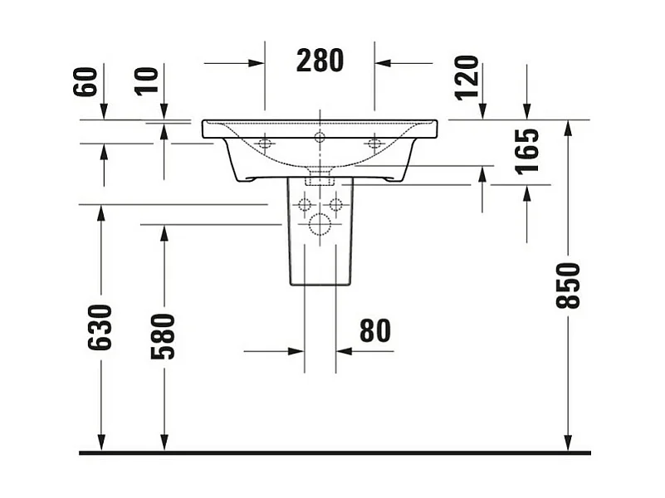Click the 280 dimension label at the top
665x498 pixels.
point(320,61)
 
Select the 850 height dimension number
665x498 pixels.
point(569,285)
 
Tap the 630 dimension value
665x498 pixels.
point(100,327)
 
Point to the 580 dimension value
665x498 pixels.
point(164,335)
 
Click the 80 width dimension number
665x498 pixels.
point(374,330)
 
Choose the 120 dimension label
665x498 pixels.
point(467,76)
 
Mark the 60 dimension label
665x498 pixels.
point(86,81)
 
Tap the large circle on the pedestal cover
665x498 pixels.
point(320,223)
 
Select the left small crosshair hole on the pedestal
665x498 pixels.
point(304,204)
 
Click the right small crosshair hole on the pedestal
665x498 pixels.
point(335,204)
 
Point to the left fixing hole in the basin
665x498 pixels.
point(265,144)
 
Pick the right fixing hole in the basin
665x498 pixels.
point(374,144)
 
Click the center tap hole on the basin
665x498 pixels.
point(320,137)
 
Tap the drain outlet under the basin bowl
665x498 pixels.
point(320,177)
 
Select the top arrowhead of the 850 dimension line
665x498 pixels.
point(568,127)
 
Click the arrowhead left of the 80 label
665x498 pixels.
point(296,351)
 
